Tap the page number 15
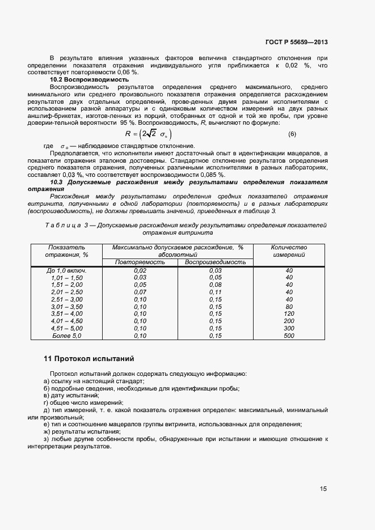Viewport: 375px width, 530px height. (x=323, y=488)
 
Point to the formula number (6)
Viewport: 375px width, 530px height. (x=292, y=134)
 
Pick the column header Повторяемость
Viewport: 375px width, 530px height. (x=140, y=262)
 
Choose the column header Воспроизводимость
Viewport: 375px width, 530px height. (x=215, y=262)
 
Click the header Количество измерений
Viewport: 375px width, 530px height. (x=289, y=251)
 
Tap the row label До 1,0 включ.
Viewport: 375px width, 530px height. (x=66, y=270)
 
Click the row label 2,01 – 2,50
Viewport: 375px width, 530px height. (x=66, y=292)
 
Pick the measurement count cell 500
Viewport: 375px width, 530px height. (x=289, y=336)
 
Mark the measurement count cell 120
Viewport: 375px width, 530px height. (x=289, y=314)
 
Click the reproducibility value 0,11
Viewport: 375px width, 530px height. (x=215, y=292)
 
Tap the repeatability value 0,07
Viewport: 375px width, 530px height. (x=140, y=292)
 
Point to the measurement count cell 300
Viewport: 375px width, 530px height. (x=289, y=329)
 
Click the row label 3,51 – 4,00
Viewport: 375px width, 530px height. (x=66, y=314)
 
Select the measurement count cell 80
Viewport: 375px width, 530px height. (x=289, y=307)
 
